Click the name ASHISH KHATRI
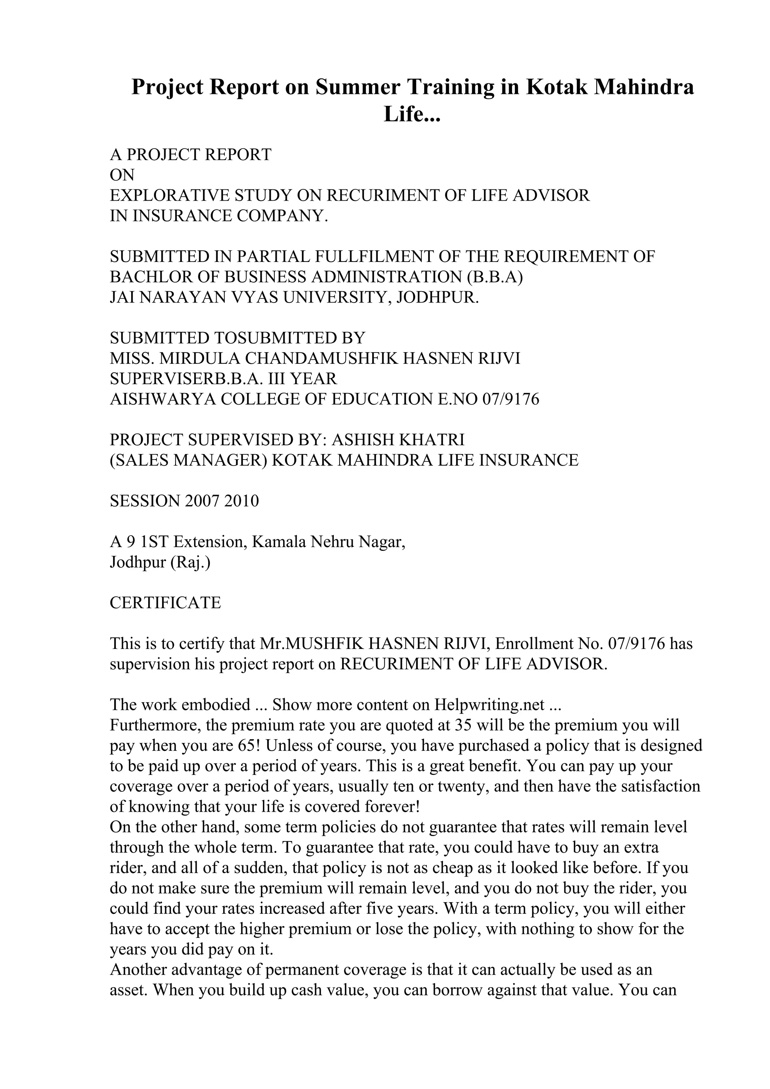coord(397,440)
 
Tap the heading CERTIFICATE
coord(165,603)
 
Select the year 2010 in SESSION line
coord(241,501)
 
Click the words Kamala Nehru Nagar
coord(328,541)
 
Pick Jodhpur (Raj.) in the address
coord(160,562)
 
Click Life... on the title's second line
coord(412,114)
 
